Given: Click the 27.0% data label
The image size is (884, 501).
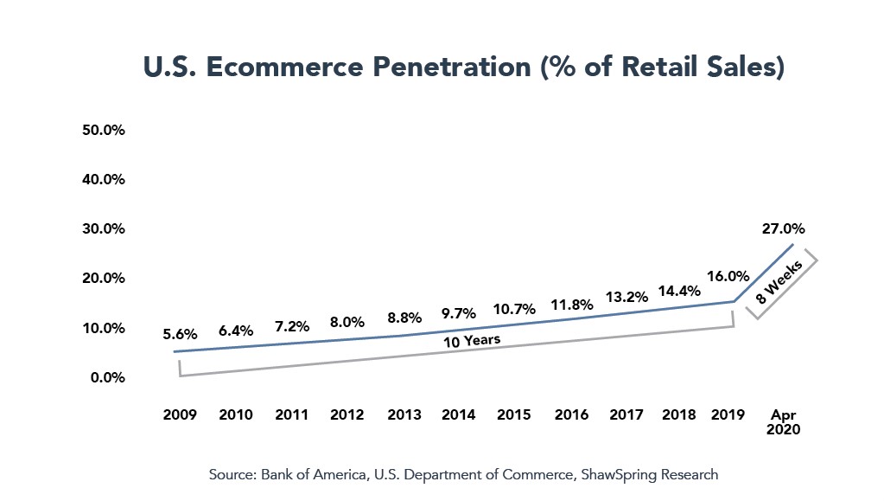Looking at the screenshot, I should click(784, 229).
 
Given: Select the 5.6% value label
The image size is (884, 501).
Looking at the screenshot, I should click(180, 334).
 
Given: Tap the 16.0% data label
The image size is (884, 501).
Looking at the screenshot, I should click(727, 277).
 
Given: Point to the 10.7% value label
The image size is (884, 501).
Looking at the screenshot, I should click(514, 309).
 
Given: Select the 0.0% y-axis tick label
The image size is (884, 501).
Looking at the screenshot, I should click(109, 377).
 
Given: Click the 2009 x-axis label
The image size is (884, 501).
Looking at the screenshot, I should click(180, 414).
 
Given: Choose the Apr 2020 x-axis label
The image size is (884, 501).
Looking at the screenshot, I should click(783, 421).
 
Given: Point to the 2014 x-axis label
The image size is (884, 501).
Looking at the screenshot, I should click(458, 414).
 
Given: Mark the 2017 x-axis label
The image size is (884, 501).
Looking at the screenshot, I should click(626, 414).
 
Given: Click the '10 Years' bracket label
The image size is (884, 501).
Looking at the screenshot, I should click(471, 340).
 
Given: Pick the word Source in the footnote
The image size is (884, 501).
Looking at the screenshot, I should click(229, 475).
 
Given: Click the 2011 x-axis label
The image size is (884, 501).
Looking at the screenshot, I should click(291, 414).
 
